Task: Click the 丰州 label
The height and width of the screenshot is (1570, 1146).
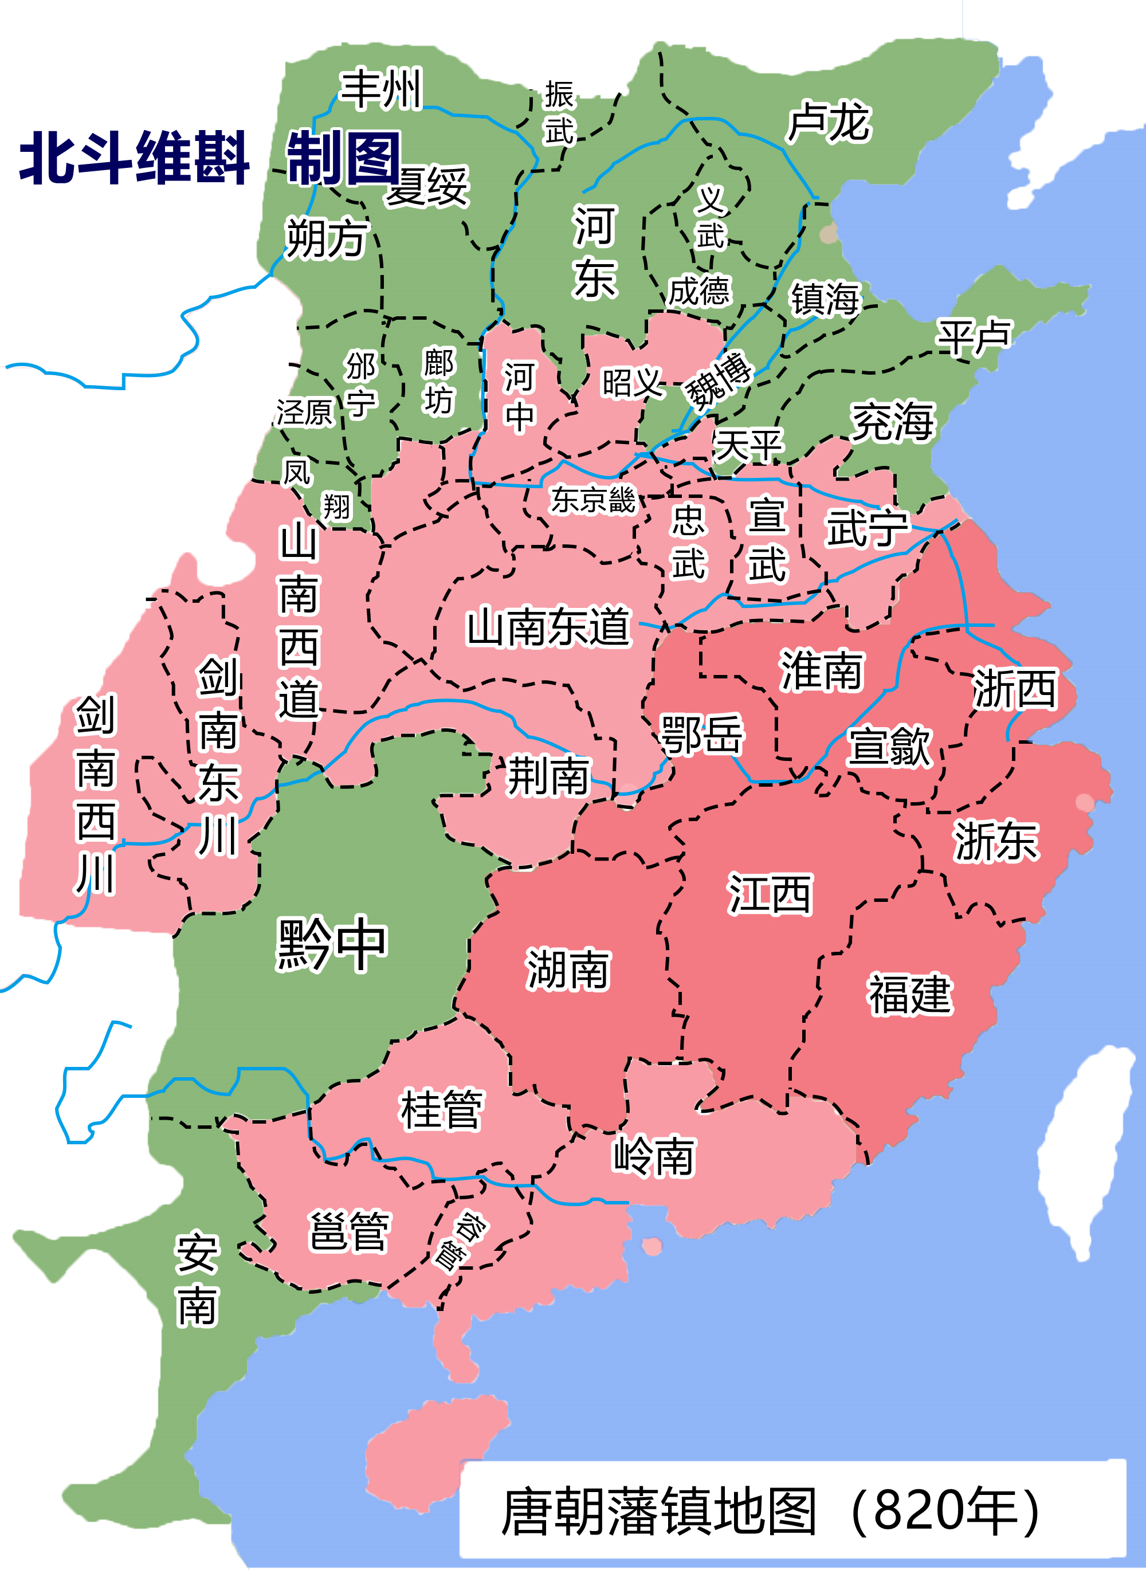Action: pyautogui.click(x=381, y=89)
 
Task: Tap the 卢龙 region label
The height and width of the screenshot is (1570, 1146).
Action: pyautogui.click(x=829, y=122)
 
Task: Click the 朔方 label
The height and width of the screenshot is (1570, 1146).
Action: pyautogui.click(x=327, y=237)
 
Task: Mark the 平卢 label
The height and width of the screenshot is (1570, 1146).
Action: pyautogui.click(x=974, y=337)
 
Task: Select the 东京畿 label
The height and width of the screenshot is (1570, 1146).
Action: pyautogui.click(x=593, y=500)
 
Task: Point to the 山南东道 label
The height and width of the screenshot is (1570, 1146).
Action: pyautogui.click(x=548, y=626)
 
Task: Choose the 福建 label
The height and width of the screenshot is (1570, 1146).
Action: pyautogui.click(x=909, y=994)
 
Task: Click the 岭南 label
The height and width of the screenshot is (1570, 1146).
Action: pyautogui.click(x=653, y=1156)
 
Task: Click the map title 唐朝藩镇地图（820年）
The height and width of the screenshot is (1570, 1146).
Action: pyautogui.click(x=770, y=1511)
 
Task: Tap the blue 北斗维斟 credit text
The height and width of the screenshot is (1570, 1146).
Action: pyautogui.click(x=134, y=158)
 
